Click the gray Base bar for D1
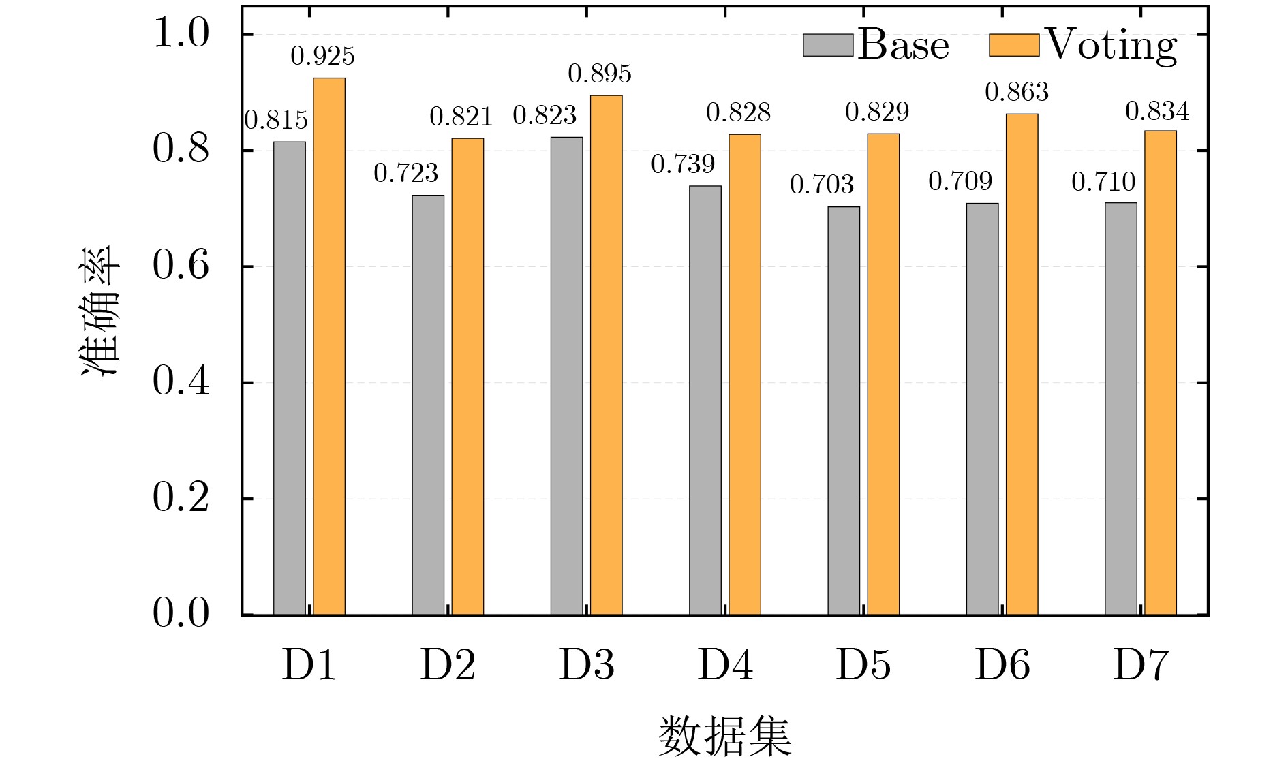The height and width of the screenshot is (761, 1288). (290, 378)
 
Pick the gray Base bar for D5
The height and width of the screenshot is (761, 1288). (844, 411)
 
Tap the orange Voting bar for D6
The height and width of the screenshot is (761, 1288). (1022, 364)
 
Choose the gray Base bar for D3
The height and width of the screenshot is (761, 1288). (567, 376)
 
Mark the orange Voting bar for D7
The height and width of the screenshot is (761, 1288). (1160, 373)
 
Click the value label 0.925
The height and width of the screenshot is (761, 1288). (322, 56)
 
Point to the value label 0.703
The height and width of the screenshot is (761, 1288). (822, 185)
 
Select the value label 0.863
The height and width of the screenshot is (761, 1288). (1017, 92)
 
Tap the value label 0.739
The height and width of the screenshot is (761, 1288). (683, 164)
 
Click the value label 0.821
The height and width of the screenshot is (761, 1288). (461, 117)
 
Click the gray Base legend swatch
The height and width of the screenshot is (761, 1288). (828, 45)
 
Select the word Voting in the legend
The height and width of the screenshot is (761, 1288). (1111, 45)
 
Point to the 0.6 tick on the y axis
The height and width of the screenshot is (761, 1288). (181, 266)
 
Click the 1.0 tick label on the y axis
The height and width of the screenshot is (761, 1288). (181, 33)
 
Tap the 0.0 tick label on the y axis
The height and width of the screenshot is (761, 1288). (181, 614)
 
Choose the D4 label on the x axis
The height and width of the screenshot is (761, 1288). (725, 666)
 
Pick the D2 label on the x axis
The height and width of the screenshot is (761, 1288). (448, 666)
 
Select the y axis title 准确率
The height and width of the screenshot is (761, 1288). (100, 310)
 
